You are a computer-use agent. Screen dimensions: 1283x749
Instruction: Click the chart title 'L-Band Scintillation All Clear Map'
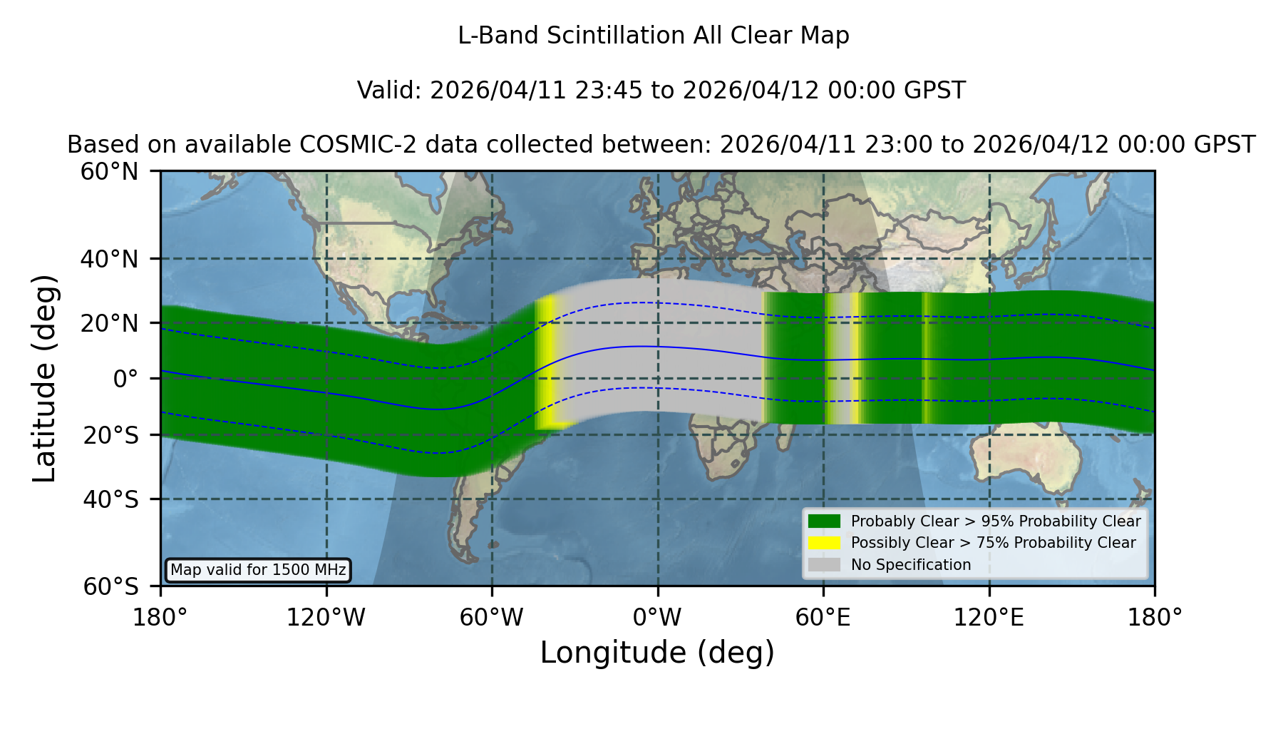pos(653,36)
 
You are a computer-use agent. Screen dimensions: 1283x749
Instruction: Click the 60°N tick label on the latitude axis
pos(110,172)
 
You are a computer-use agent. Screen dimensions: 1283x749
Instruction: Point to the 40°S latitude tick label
pos(110,499)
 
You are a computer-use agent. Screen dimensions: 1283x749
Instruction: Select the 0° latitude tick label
pos(125,379)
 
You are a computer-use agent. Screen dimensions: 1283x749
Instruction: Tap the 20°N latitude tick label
pos(110,323)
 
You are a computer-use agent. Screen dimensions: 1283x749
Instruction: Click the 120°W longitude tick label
pos(326,617)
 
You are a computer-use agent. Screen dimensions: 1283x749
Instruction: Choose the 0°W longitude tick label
pos(657,617)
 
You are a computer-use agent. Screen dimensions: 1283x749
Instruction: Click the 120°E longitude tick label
pos(989,617)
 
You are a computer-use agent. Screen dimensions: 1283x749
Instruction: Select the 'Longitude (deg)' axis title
pos(657,653)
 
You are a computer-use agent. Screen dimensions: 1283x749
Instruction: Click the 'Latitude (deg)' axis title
pos(45,378)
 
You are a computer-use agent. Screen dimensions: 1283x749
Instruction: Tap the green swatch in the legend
pos(825,521)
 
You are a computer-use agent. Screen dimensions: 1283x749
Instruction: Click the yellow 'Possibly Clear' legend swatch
pos(825,543)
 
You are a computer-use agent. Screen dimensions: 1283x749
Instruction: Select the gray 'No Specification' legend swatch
pos(825,565)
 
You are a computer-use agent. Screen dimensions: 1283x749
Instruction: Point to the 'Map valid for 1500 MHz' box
pos(258,570)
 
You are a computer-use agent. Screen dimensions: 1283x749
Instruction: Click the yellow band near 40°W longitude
pos(545,364)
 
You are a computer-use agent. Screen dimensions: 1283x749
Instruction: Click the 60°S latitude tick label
pos(110,586)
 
